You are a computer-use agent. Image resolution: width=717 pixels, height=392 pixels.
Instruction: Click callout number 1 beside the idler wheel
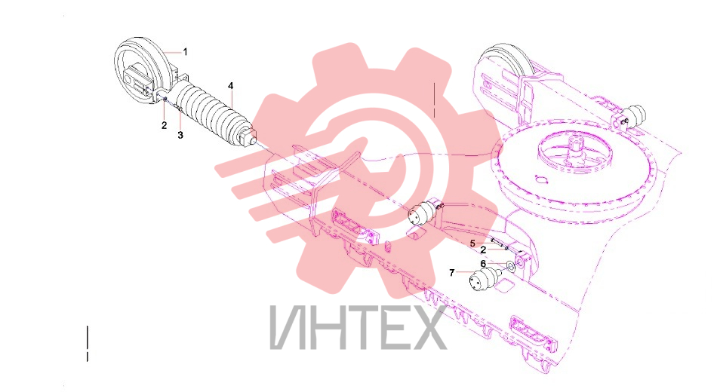point(185,52)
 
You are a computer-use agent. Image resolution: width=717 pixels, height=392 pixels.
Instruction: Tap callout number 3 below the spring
point(180,135)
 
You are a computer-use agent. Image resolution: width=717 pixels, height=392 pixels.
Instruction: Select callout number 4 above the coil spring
point(231,86)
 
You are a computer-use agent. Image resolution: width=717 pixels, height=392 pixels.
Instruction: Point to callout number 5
point(472,243)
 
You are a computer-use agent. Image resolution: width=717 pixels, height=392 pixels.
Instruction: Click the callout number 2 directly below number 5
point(483,250)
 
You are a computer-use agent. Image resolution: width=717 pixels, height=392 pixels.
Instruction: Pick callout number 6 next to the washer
point(483,264)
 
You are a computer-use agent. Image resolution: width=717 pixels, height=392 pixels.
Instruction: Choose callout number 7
point(452,273)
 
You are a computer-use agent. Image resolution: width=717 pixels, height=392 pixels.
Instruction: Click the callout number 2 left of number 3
point(165,125)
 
